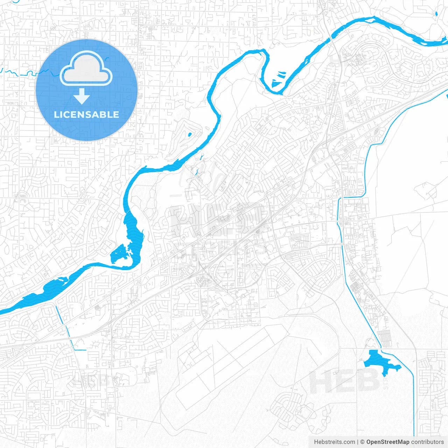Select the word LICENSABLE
click(86, 114)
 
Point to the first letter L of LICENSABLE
click(56, 114)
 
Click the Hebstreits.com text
click(334, 442)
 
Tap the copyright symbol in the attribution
click(363, 442)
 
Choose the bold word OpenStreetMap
click(388, 442)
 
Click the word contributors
click(427, 442)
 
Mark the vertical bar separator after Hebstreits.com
click(358, 442)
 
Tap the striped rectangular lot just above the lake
click(384, 338)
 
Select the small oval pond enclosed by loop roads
click(189, 134)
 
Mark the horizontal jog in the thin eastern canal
click(353, 197)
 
